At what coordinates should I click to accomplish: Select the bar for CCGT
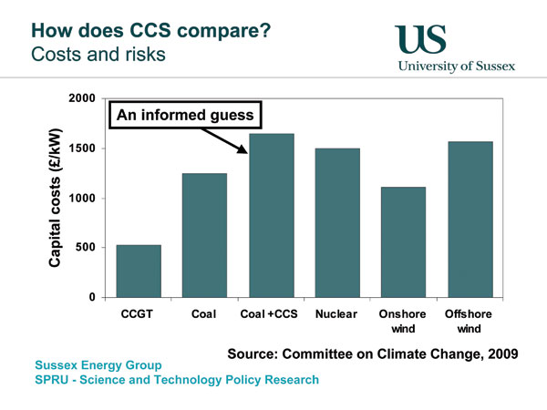point(139,272)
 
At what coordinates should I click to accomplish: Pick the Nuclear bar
point(337,223)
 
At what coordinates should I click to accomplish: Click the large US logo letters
point(420,39)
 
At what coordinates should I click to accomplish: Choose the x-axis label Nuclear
point(336,314)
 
